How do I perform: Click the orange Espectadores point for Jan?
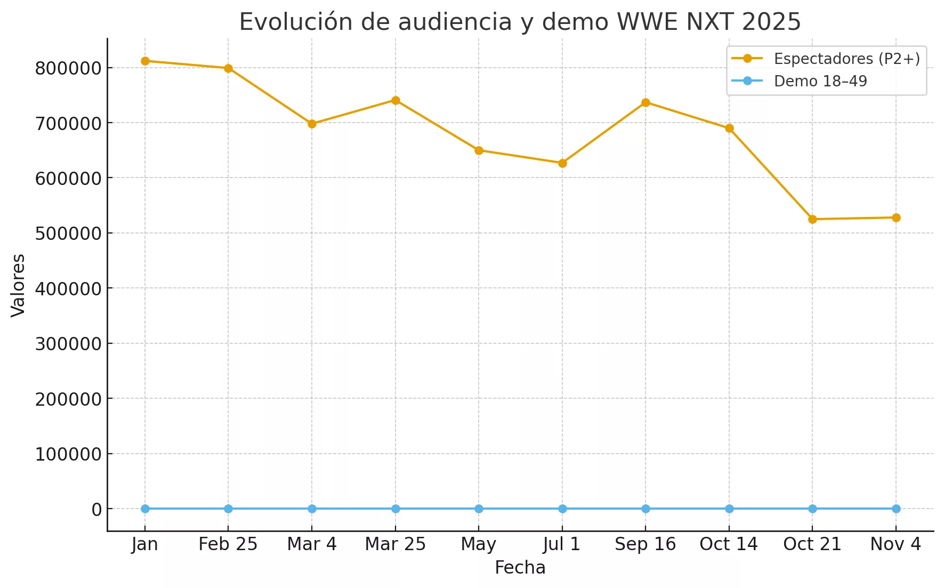click(145, 61)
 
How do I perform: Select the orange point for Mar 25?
click(396, 100)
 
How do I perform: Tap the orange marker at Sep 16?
click(646, 102)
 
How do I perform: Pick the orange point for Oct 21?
click(812, 219)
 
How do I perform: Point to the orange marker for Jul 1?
click(562, 163)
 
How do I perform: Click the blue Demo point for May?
click(479, 509)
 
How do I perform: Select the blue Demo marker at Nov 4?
click(896, 509)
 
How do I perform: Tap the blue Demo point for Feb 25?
click(228, 509)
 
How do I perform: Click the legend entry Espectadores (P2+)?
click(846, 59)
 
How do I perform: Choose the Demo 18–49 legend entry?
click(820, 81)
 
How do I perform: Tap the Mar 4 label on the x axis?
click(312, 544)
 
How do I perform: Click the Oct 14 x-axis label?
click(729, 544)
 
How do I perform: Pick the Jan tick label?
click(145, 544)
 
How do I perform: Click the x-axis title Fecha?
click(520, 568)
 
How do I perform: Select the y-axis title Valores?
click(18, 285)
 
